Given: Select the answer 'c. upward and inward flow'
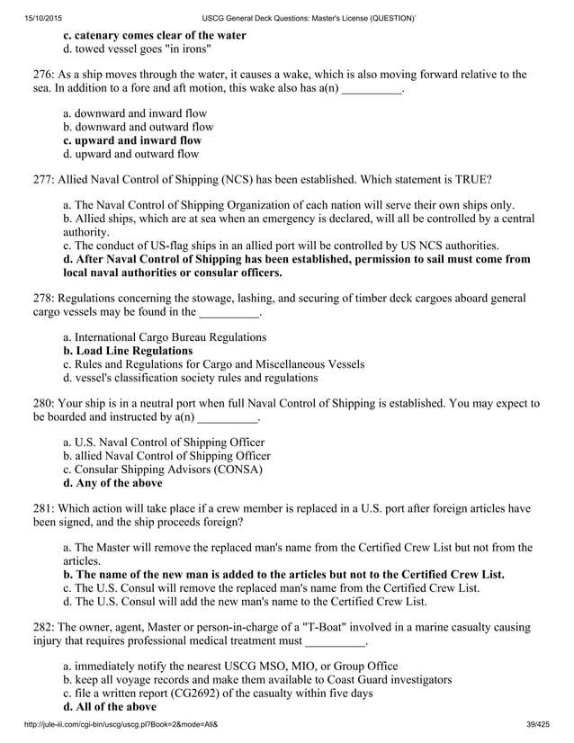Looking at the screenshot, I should click(x=132, y=140).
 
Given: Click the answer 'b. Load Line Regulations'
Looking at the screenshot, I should click(x=128, y=351).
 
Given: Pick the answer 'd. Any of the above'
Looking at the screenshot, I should click(x=112, y=483).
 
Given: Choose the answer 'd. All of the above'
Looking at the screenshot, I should click(x=110, y=707).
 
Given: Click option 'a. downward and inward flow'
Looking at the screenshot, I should click(x=135, y=113).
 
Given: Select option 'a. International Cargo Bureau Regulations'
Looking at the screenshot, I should click(x=165, y=337).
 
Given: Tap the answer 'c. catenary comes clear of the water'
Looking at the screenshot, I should click(x=154, y=35).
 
